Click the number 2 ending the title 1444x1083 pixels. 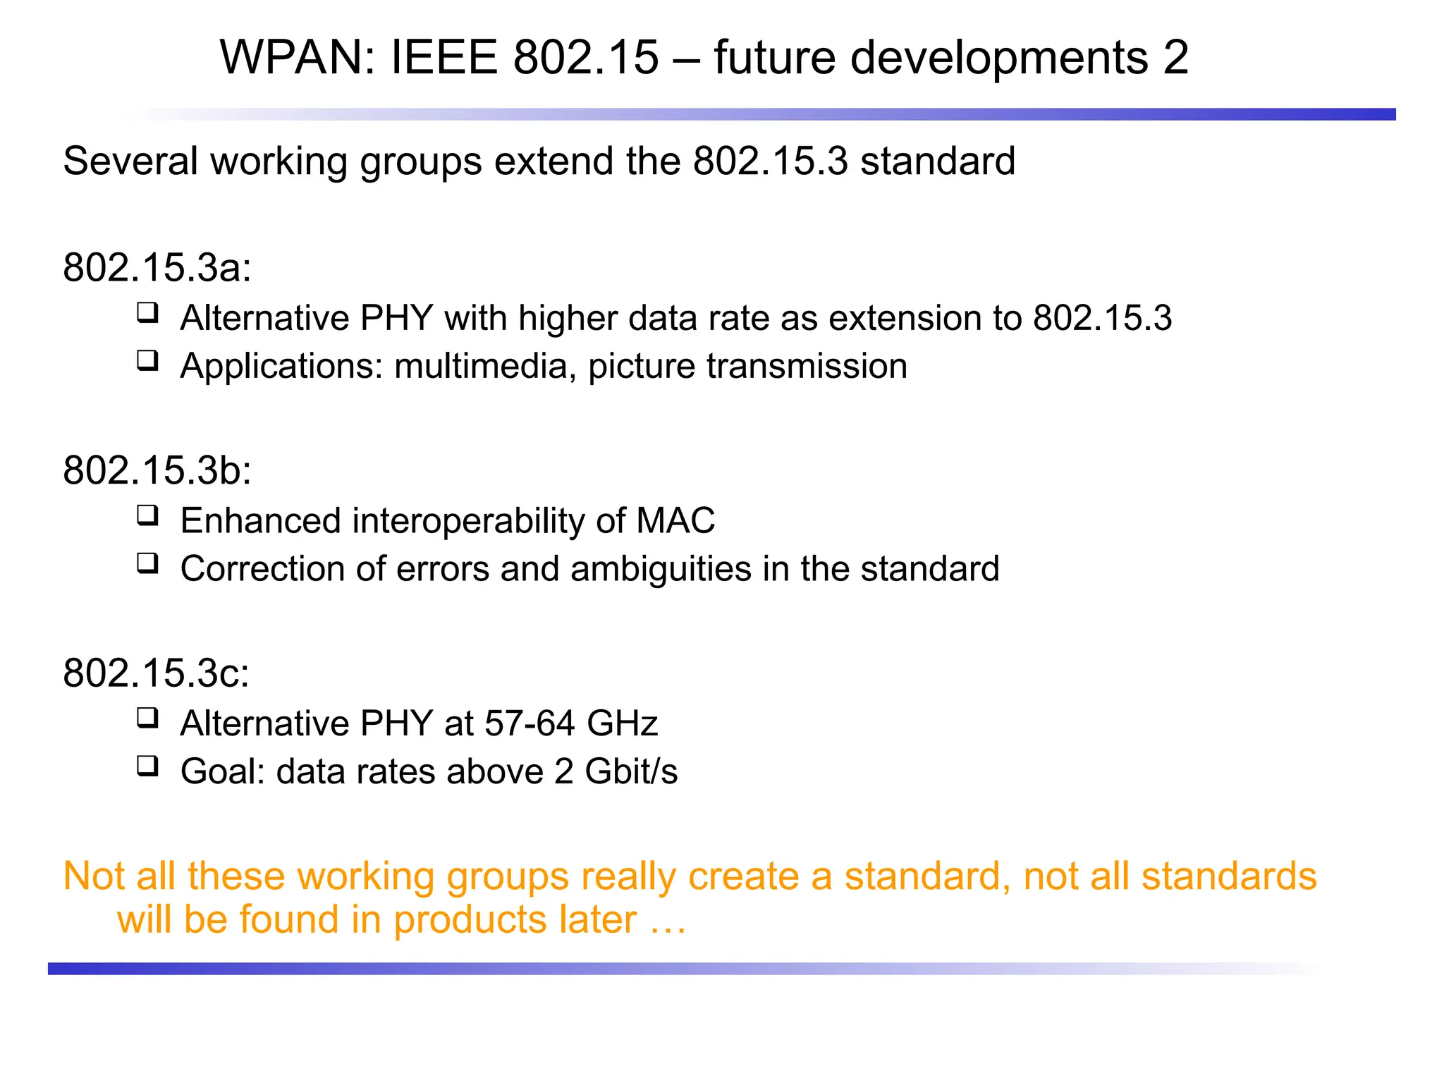click(x=1175, y=57)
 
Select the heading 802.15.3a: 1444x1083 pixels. click(x=157, y=267)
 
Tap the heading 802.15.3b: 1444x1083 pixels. click(x=157, y=470)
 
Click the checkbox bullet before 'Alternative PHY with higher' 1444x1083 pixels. click(x=147, y=312)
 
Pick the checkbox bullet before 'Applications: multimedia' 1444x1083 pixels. click(x=147, y=360)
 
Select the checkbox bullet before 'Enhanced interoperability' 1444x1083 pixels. click(x=147, y=515)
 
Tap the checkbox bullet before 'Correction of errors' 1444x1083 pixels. click(x=147, y=563)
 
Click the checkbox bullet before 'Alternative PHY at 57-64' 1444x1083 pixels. click(x=147, y=718)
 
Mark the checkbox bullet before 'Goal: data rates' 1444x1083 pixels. click(x=147, y=766)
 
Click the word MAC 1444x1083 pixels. click(x=675, y=521)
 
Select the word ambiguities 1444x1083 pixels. click(x=661, y=569)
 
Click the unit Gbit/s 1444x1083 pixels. click(x=631, y=771)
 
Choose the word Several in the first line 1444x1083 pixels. click(x=131, y=161)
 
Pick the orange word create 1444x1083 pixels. click(x=743, y=876)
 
